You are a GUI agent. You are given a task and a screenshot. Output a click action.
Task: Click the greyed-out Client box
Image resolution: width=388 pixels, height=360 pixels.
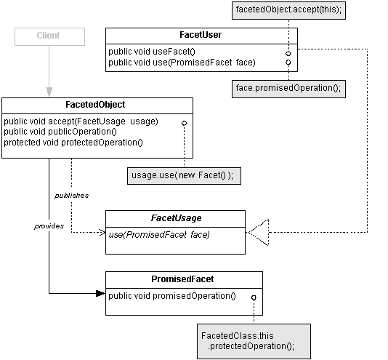tap(49, 36)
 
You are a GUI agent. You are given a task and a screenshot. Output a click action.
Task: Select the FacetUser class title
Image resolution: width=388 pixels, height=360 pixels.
tap(201, 35)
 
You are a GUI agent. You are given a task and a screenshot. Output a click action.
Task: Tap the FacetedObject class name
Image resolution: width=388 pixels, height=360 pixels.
tap(95, 105)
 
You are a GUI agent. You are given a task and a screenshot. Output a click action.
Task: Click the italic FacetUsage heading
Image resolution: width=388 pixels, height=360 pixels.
tap(176, 218)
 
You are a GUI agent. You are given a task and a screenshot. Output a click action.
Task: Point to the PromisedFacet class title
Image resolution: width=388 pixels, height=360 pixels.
tap(182, 279)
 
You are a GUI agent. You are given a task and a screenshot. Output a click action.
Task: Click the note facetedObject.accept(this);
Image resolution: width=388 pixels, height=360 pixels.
tap(288, 10)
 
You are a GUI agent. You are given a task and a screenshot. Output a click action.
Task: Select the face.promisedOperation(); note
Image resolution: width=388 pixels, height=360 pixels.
tap(288, 89)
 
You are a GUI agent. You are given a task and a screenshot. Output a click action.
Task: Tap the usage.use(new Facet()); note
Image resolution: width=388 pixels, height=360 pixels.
tap(184, 176)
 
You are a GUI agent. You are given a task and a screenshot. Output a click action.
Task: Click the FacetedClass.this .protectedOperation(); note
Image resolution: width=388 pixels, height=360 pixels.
tap(254, 341)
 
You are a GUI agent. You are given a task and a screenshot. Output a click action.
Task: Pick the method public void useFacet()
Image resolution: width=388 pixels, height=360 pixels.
tap(152, 52)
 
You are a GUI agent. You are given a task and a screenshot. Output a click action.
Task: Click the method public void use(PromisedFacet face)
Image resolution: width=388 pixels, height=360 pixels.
tap(182, 63)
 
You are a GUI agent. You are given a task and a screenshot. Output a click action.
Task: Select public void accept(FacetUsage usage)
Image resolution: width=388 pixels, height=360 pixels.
tap(81, 121)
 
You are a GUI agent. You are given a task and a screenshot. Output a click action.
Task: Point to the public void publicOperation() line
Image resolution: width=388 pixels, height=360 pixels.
tap(60, 132)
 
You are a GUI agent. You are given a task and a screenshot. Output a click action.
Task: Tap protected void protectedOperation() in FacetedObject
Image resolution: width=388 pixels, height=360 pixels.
tap(73, 143)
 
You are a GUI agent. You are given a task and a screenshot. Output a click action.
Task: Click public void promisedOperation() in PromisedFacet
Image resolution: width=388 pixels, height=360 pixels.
tap(172, 296)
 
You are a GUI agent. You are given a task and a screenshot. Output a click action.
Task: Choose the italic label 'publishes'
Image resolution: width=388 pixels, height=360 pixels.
tap(71, 196)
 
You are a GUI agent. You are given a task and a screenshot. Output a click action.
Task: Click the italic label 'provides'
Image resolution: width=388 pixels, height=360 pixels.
tap(49, 226)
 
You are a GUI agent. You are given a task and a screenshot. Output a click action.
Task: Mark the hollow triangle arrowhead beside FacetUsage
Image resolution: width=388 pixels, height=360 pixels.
tap(259, 233)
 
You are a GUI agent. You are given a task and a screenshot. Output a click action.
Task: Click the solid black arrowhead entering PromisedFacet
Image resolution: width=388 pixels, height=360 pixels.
tap(100, 294)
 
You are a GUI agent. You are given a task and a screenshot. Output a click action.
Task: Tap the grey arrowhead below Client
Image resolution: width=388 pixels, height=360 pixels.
tap(49, 92)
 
